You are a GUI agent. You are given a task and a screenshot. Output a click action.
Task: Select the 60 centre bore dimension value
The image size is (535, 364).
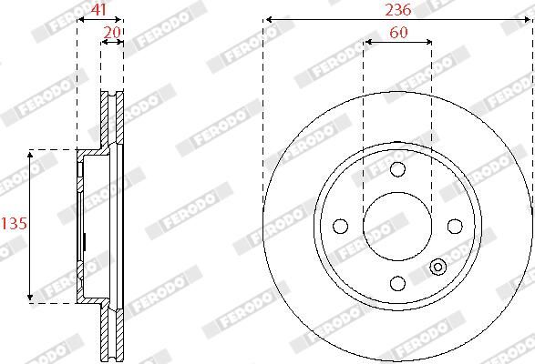pyautogui.click(x=397, y=33)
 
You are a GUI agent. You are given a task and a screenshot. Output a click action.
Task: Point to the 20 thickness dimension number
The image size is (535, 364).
pyautogui.click(x=112, y=32)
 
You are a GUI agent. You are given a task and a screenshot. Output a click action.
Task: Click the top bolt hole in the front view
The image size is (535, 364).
pyautogui.click(x=397, y=169)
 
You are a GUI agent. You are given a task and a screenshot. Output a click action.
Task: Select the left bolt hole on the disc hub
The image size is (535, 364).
pyautogui.click(x=341, y=226)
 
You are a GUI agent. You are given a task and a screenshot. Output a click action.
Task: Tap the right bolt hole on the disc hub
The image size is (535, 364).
pyautogui.click(x=454, y=226)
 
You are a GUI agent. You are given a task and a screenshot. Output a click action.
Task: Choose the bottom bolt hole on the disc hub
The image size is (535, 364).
pyautogui.click(x=397, y=282)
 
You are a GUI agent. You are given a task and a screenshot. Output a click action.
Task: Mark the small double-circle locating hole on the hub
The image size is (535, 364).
pyautogui.click(x=437, y=267)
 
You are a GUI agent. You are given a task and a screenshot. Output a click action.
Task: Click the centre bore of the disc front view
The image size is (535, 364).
pyautogui.click(x=397, y=226)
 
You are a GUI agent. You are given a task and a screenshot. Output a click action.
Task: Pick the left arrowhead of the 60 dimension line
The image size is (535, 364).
pyautogui.click(x=367, y=42)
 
